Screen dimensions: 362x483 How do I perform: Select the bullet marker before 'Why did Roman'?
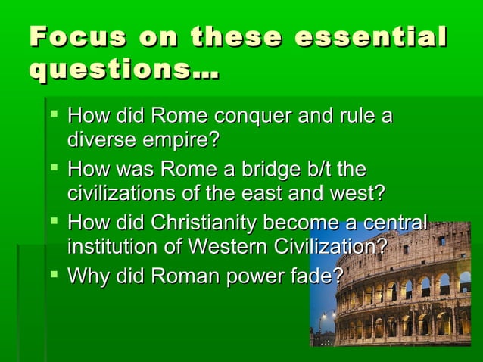pos(52,275)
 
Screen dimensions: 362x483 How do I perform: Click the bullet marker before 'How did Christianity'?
pos(52,223)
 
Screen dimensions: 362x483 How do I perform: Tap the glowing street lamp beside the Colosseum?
pos(324,317)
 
